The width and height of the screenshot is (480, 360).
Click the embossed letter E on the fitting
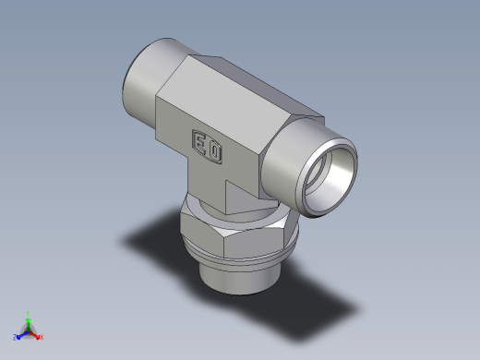[x=199, y=140]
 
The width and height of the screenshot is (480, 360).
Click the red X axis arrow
[x=36, y=334]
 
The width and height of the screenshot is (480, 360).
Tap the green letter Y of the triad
[x=29, y=313]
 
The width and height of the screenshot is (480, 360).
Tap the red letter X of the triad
[x=42, y=337]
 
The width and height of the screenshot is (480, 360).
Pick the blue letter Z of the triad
[x=15, y=337]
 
